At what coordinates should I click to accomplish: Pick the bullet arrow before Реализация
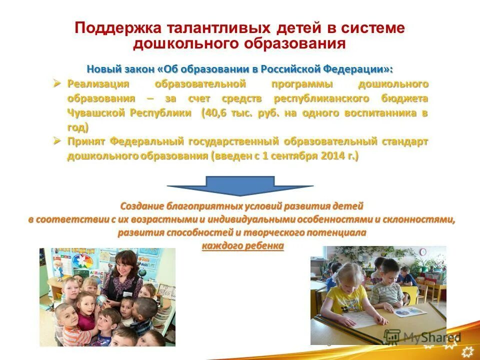tap(58, 83)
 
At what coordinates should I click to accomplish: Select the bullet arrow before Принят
tap(58, 141)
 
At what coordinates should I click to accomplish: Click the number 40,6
tap(216, 113)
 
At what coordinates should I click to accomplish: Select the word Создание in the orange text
tap(141, 206)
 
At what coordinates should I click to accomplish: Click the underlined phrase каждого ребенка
tap(243, 246)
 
